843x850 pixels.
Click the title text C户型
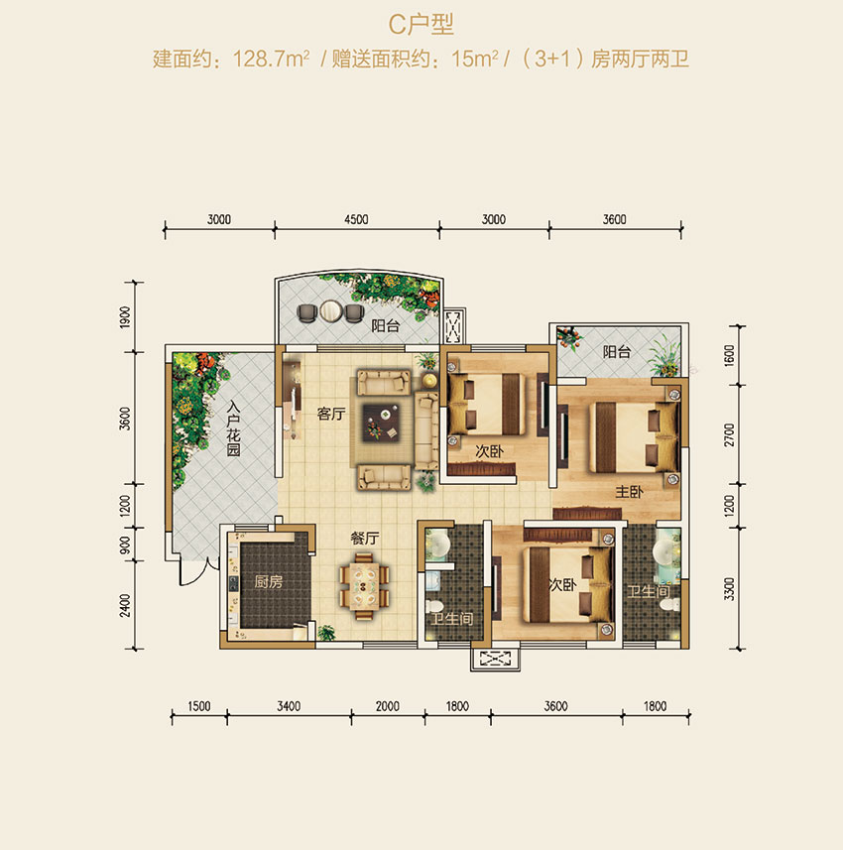coord(421,25)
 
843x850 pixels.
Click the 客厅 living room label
coord(330,415)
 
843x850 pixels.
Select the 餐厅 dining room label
coord(365,539)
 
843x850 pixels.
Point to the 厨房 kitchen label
coord(268,582)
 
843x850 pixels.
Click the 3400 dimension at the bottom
coord(289,706)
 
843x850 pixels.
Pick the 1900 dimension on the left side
coord(125,317)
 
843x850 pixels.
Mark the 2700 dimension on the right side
coord(731,437)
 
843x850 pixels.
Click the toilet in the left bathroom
coord(433,607)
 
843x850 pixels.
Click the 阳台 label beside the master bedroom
coord(617,351)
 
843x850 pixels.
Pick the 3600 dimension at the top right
coord(614,220)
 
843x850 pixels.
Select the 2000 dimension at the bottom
coord(388,706)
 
